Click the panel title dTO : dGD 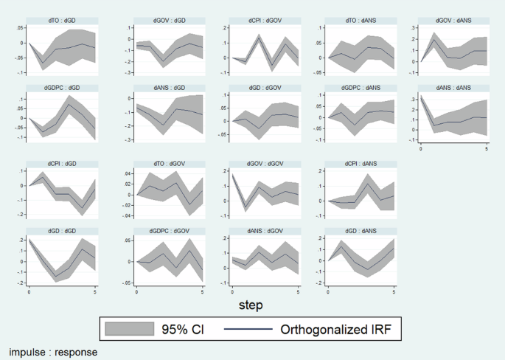tap(62, 18)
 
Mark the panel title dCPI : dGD tap(62, 164)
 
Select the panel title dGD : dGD tap(62, 232)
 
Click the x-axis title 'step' tap(250, 304)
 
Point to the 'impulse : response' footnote tap(53, 352)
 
